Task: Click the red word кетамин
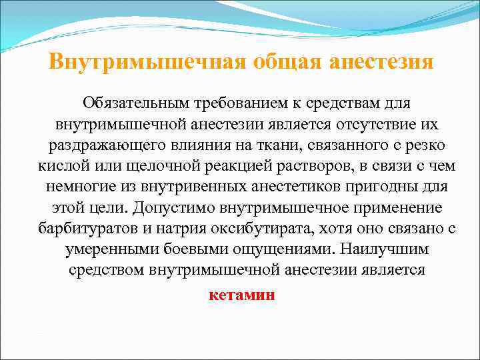tap(241, 295)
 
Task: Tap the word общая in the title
tap(289, 62)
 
